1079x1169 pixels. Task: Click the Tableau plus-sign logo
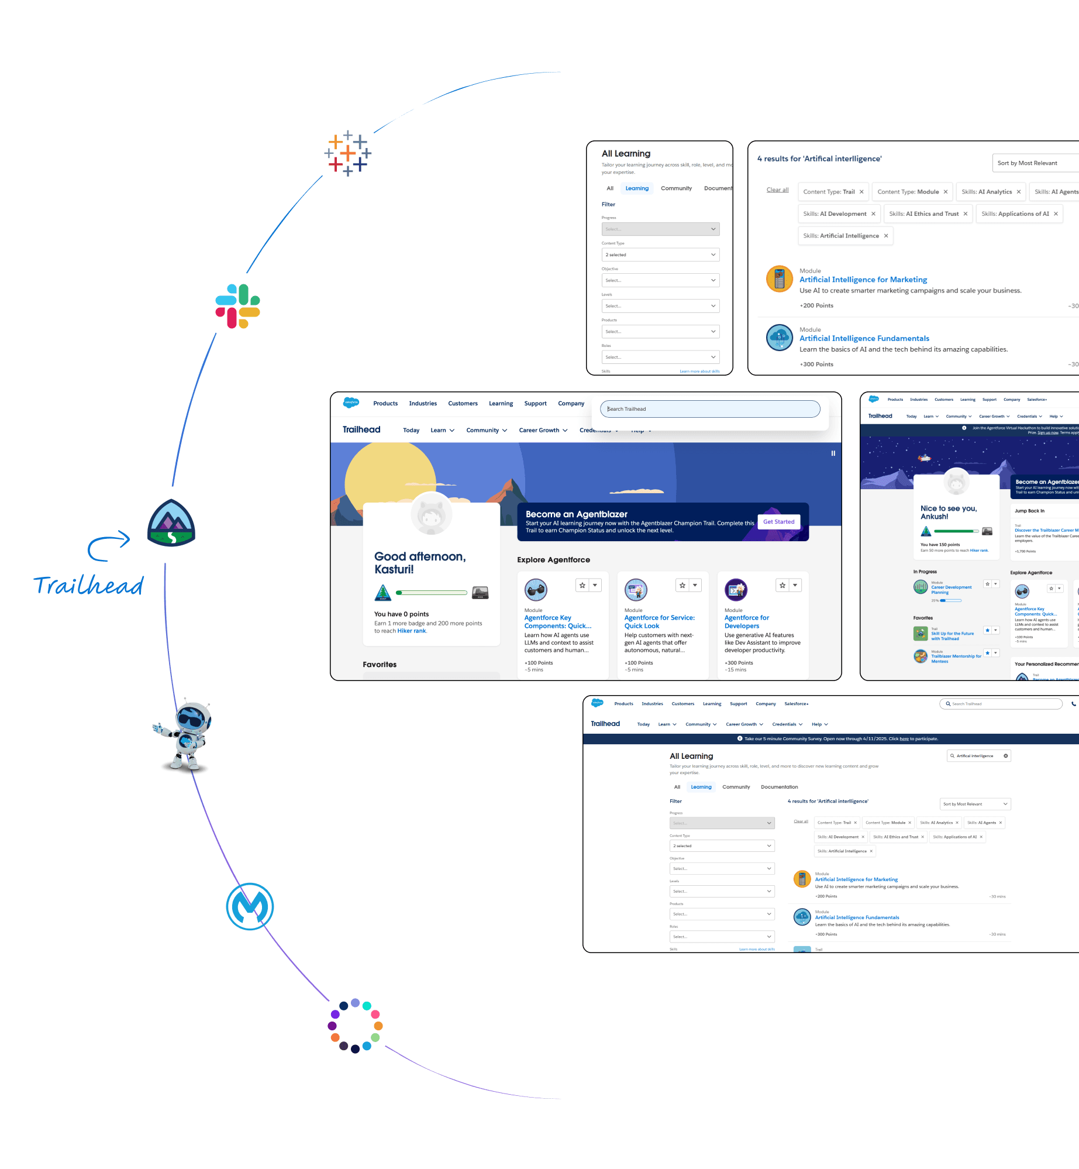click(348, 153)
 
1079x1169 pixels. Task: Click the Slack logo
click(237, 306)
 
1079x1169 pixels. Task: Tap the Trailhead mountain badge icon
click(171, 523)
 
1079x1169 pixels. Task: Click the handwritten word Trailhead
click(88, 585)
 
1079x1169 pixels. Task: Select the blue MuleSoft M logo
click(250, 906)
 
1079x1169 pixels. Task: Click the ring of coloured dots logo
click(355, 1026)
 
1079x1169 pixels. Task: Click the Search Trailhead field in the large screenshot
click(710, 409)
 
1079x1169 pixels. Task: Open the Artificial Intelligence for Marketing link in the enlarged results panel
click(863, 280)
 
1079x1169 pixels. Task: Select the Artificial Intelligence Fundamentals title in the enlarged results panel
click(864, 338)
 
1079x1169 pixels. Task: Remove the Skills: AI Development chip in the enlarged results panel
click(873, 214)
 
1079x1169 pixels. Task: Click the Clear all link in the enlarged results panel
click(777, 190)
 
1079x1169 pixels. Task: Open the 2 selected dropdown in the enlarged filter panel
click(660, 255)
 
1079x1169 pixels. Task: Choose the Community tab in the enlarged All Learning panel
click(676, 188)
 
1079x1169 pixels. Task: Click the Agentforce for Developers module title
click(747, 621)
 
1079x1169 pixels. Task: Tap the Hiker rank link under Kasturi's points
click(412, 631)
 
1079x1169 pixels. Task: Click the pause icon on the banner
click(833, 453)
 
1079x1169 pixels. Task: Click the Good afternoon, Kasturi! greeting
click(420, 563)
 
